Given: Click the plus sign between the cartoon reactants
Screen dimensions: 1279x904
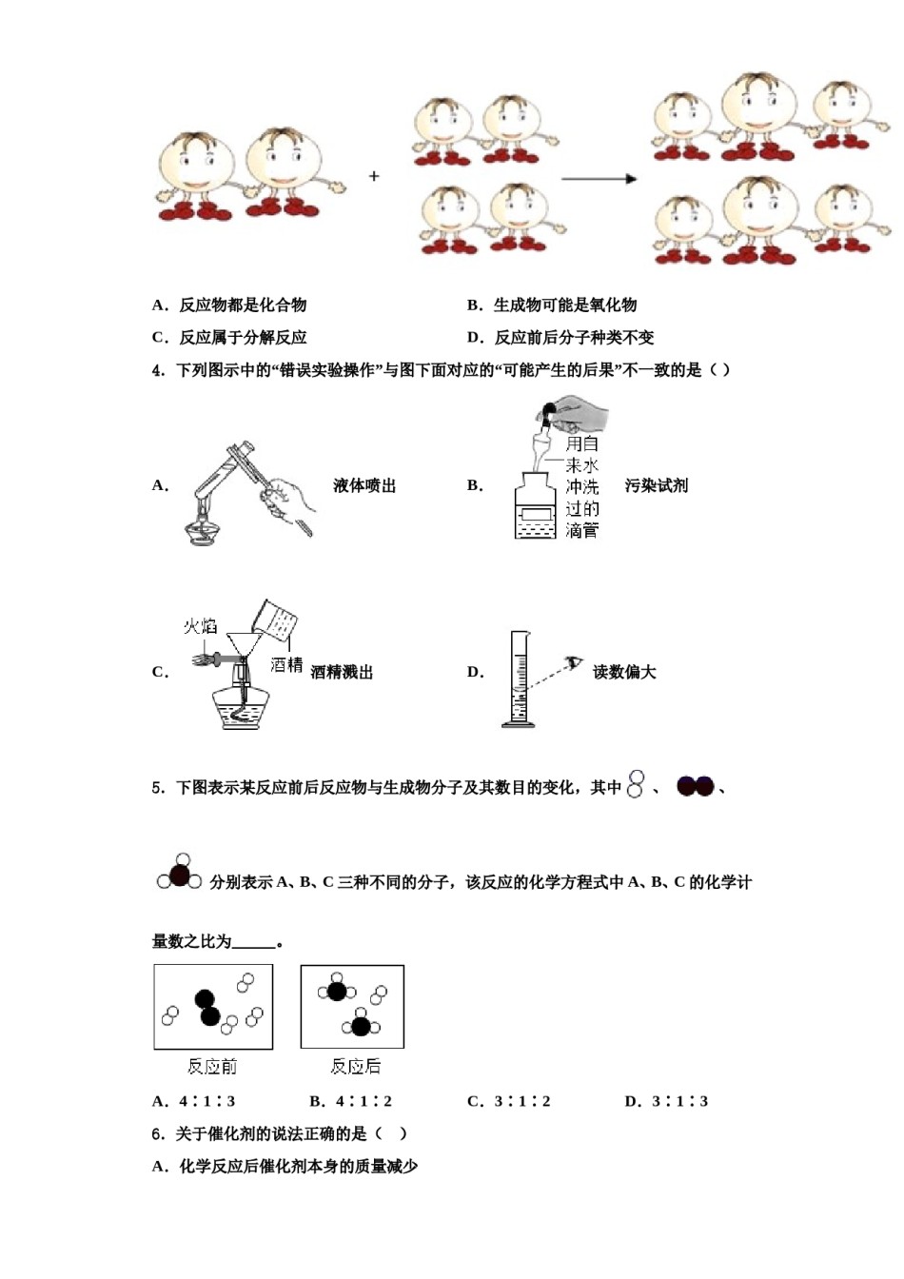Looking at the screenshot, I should [374, 176].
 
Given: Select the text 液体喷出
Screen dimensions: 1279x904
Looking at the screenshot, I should [364, 485].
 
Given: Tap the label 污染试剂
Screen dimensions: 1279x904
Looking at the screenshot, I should [656, 485].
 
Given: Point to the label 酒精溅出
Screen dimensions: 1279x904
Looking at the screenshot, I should [342, 672].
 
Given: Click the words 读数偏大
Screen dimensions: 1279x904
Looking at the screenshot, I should [624, 672].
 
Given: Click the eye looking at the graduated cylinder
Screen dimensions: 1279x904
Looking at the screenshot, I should [573, 662].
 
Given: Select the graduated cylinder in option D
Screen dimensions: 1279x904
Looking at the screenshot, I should [519, 679].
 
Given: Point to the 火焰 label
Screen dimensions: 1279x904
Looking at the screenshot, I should [200, 626].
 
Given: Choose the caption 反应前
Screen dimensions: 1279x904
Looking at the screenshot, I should [212, 1067].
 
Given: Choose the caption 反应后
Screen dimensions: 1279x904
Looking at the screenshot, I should [355, 1067].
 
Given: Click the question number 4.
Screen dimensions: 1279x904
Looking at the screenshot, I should [158, 370].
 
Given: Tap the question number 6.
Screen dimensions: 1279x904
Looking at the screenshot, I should [158, 1133].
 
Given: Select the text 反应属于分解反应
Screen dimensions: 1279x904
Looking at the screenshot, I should [243, 337].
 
